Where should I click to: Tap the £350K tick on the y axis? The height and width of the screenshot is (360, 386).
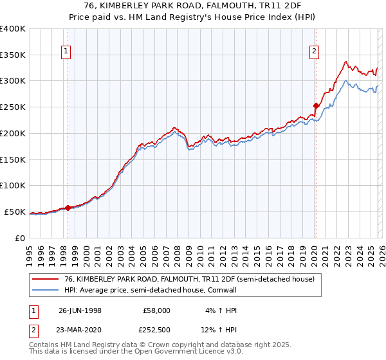click(x=13, y=55)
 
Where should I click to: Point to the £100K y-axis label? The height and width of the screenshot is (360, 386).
click(x=13, y=185)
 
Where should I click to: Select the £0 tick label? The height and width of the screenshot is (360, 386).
click(x=19, y=238)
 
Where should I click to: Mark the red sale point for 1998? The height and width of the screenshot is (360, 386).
click(x=68, y=207)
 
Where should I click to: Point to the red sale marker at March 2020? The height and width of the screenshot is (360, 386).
click(x=316, y=105)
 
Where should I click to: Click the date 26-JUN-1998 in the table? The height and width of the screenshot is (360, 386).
click(x=80, y=310)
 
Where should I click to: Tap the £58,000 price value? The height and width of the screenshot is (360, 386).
click(x=156, y=310)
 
